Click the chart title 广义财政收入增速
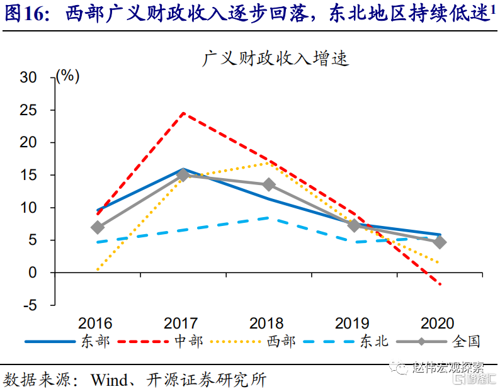[x=275, y=59]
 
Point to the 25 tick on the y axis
[x=30, y=110]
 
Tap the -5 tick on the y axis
[x=31, y=305]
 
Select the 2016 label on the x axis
[x=95, y=324]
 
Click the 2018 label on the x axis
[x=266, y=324]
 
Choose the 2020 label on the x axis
[x=437, y=324]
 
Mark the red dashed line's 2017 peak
[x=183, y=113]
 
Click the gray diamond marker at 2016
[x=97, y=227]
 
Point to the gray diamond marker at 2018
[x=268, y=184]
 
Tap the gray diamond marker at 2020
[x=440, y=242]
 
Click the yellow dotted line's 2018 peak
[x=268, y=162]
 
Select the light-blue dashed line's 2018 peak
[x=268, y=218]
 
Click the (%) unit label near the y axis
[x=67, y=77]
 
